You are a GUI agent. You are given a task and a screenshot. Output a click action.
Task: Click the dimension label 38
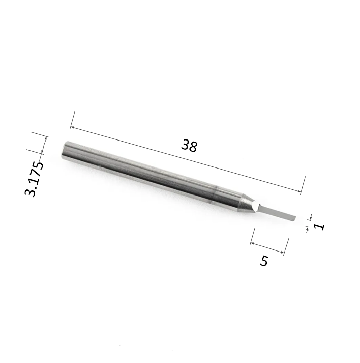click(x=189, y=146)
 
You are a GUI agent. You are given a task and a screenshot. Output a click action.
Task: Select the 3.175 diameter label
click(x=34, y=179)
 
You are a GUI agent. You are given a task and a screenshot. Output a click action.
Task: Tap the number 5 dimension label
click(x=264, y=261)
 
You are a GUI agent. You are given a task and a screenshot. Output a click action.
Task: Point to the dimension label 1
click(x=319, y=226)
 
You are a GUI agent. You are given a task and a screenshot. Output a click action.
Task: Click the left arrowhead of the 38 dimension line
click(x=72, y=127)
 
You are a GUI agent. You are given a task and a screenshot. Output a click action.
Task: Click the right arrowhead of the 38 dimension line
click(x=299, y=191)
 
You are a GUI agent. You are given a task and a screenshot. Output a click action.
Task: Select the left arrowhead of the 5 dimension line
click(x=252, y=243)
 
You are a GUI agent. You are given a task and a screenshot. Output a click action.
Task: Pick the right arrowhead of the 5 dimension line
click(x=282, y=252)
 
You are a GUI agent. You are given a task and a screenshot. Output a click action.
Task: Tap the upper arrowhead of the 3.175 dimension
click(x=47, y=138)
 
